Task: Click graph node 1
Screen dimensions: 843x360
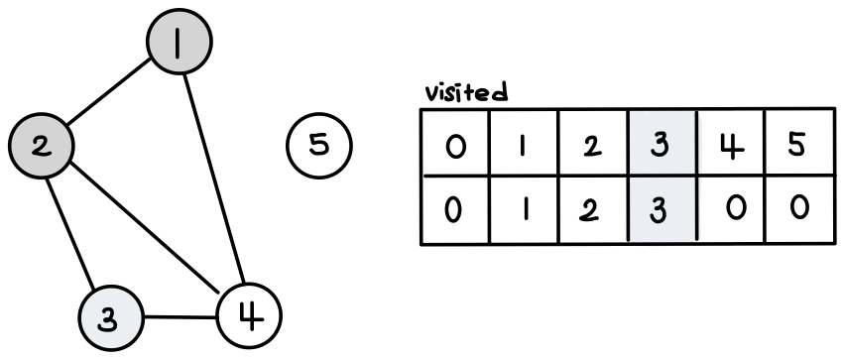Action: (180, 42)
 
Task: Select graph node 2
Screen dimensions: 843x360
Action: (42, 146)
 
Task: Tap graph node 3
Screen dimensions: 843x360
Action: (111, 317)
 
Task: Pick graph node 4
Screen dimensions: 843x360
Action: (249, 316)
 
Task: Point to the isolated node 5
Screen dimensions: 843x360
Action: (319, 145)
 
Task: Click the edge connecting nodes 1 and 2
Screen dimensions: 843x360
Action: (109, 91)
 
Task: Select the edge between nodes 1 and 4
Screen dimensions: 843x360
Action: (214, 179)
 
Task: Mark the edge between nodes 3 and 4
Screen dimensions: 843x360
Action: (181, 317)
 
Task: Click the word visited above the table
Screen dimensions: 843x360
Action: (466, 92)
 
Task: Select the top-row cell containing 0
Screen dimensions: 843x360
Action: (455, 143)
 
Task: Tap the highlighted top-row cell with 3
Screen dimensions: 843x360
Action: (662, 143)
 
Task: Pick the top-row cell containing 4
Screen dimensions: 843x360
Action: (731, 143)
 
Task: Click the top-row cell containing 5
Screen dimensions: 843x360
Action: (800, 143)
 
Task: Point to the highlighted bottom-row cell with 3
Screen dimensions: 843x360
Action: (662, 210)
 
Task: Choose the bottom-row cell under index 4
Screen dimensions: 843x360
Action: (731, 210)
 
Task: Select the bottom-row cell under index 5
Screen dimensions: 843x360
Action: (800, 210)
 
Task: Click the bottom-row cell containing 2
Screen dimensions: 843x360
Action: (593, 210)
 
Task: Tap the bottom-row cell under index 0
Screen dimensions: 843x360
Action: (455, 210)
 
